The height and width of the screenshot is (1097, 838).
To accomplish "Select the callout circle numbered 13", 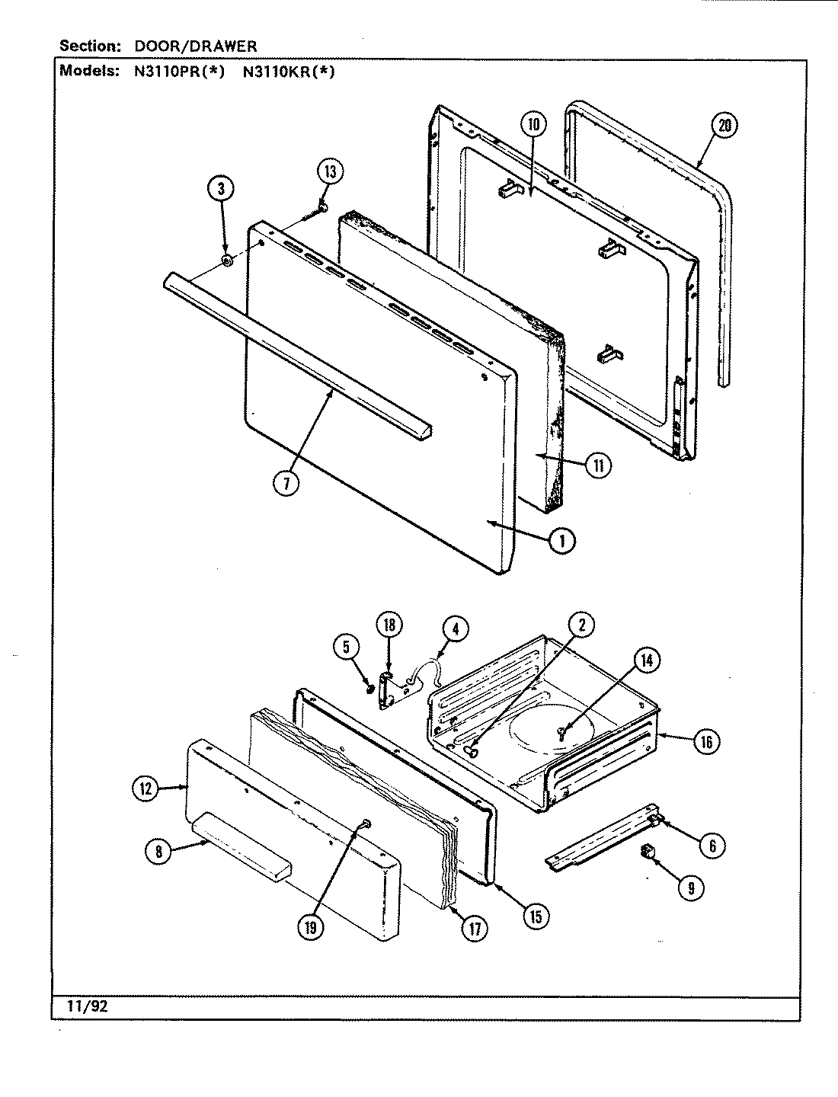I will coord(331,171).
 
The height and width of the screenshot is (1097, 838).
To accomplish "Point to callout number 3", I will coord(221,189).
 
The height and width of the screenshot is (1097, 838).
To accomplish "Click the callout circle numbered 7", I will coord(286,484).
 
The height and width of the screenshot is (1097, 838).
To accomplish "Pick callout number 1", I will coord(562,540).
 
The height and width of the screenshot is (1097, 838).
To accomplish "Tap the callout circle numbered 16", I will coord(706,741).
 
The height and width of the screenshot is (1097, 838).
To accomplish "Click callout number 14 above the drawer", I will coord(646,661).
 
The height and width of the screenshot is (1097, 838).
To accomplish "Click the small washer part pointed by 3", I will coord(226,261).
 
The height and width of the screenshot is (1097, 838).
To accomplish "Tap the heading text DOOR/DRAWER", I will coord(196,46).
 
